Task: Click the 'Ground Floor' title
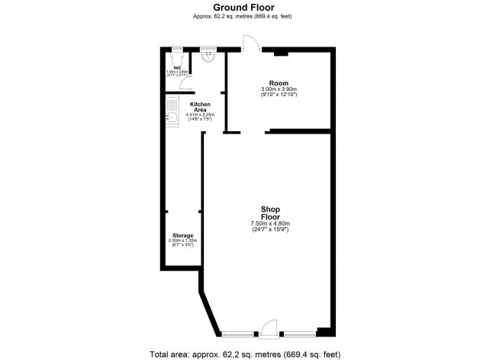(248, 8)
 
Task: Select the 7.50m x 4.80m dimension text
(271, 223)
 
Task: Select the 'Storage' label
(182, 236)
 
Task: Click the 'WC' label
(177, 68)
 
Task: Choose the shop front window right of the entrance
(299, 333)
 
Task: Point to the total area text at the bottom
(248, 354)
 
